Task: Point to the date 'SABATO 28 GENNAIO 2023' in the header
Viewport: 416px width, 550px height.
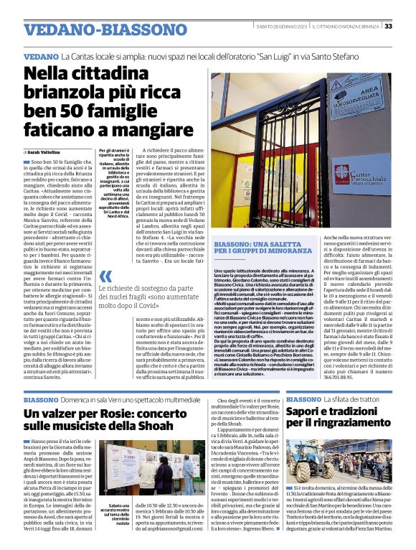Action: coord(283,27)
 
